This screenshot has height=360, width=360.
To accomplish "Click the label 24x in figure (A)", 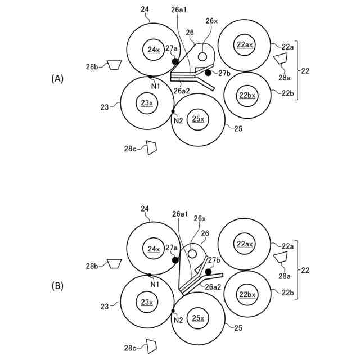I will click(x=154, y=50).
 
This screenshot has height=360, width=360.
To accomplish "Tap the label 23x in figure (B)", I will click(x=147, y=303).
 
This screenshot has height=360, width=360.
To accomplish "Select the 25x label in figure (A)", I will click(x=198, y=119).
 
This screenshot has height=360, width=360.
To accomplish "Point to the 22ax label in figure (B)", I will click(x=245, y=244).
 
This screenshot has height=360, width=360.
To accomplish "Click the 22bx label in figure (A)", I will click(x=247, y=95).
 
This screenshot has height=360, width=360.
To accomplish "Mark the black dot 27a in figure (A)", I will click(x=175, y=61).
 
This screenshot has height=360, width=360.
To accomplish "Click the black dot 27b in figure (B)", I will click(x=208, y=272).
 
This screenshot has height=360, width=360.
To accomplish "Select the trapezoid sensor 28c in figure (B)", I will click(x=151, y=345).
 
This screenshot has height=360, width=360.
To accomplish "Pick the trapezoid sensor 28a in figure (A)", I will click(x=280, y=60).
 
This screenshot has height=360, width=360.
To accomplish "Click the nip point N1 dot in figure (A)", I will click(x=150, y=77).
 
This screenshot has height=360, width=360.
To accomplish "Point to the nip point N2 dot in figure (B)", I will click(x=173, y=310).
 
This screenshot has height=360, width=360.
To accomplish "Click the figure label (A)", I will click(x=57, y=79).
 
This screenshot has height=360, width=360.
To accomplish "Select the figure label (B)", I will click(x=57, y=286).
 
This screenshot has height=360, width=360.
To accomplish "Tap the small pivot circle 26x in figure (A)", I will click(x=202, y=57).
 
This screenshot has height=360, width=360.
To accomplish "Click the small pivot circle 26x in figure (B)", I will click(x=192, y=254).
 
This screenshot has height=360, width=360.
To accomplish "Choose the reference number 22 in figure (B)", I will click(x=305, y=270).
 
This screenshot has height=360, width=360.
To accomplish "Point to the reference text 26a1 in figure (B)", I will click(x=179, y=214).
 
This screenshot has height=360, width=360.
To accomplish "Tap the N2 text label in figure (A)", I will click(x=178, y=120).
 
